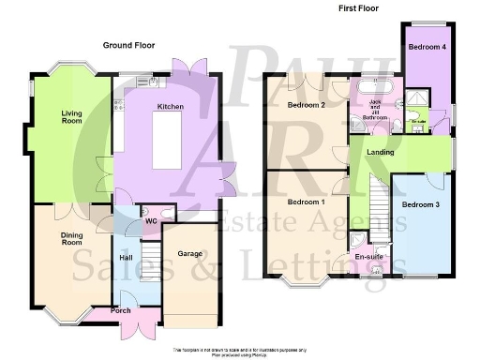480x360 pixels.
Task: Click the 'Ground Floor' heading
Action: point(129,45)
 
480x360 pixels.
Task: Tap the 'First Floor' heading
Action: point(359,8)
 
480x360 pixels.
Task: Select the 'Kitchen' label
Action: point(171,108)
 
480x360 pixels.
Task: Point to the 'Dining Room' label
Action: point(58,238)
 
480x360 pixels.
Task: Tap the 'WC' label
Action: point(147,222)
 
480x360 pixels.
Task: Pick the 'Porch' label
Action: point(121,310)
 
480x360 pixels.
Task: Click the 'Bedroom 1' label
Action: point(306,202)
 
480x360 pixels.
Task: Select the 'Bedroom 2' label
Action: point(306,105)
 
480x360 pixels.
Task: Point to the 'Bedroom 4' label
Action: point(427,46)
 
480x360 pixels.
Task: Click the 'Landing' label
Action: point(380,152)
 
